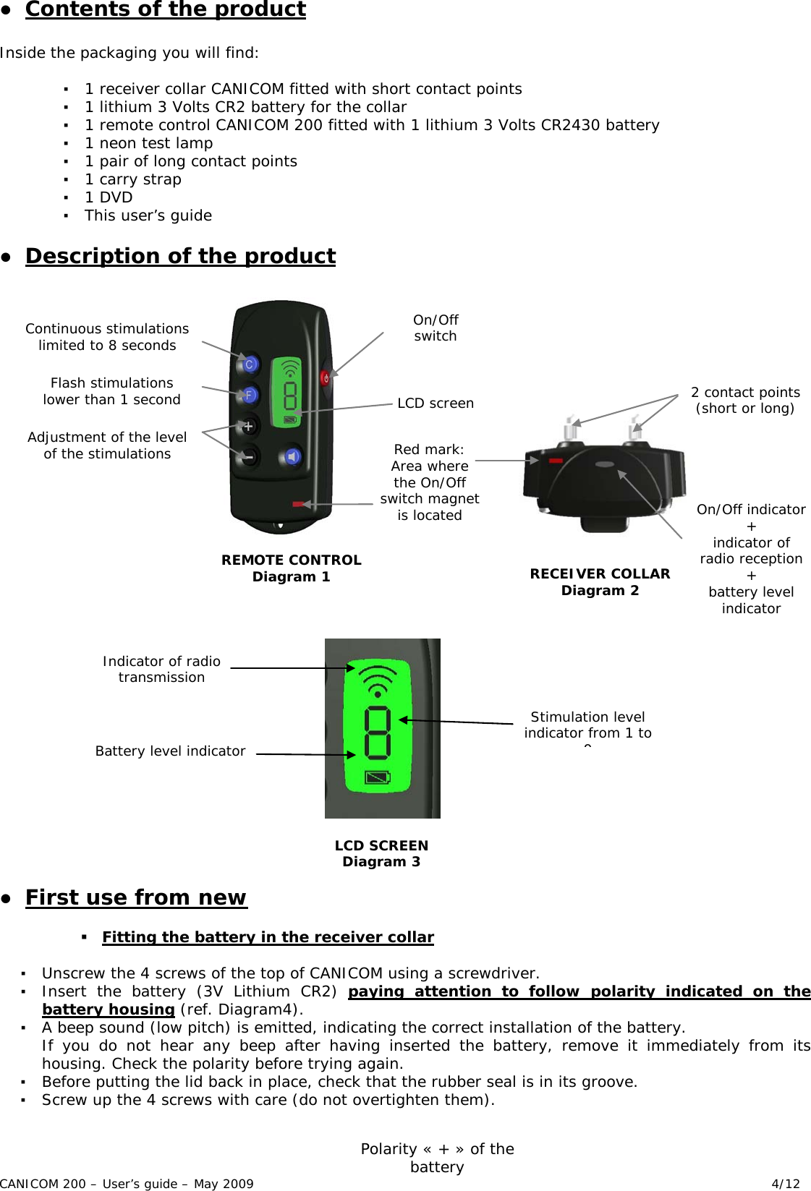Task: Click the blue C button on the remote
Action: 249,364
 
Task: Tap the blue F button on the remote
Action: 249,395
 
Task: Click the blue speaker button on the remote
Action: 292,457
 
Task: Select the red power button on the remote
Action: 326,378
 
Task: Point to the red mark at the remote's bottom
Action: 298,503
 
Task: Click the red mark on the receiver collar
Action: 556,460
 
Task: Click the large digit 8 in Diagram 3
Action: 378,733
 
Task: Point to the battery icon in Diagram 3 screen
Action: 378,778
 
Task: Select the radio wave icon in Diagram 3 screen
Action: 378,679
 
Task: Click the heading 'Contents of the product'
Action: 166,9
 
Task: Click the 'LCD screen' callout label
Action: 436,404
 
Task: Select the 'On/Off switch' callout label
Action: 436,328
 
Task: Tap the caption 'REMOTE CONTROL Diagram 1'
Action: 291,568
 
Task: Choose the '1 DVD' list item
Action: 109,197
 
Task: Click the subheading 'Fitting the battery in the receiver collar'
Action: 268,937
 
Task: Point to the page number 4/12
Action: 786,1184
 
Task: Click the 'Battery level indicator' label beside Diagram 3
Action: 170,751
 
